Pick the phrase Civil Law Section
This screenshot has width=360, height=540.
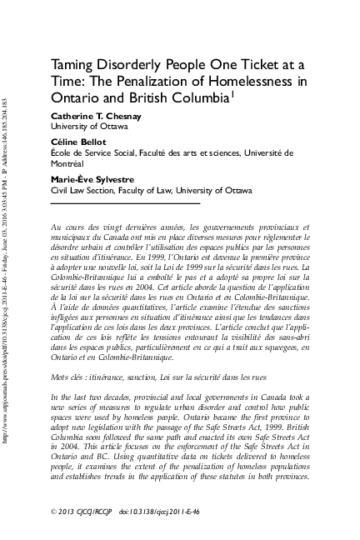[x=79, y=190]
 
